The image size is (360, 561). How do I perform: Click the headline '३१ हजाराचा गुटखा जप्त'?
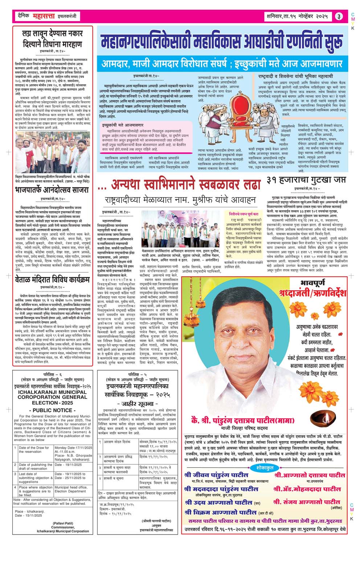pyautogui.click(x=306, y=180)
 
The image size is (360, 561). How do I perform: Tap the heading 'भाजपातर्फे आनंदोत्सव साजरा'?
pyautogui.click(x=52, y=190)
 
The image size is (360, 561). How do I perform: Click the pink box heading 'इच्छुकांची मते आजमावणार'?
pyautogui.click(x=123, y=125)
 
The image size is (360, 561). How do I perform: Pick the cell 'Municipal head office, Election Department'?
pyautogui.click(x=71, y=489)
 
